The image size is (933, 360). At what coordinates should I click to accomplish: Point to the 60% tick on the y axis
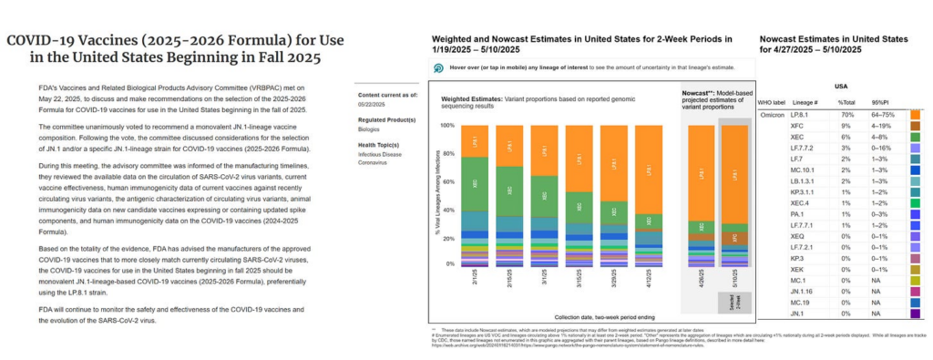click(446, 180)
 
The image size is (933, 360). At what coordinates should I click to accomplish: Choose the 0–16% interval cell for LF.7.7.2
click(878, 159)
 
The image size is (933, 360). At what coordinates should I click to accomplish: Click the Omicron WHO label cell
click(773, 116)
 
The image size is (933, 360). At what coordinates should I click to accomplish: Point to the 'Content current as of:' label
click(388, 94)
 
